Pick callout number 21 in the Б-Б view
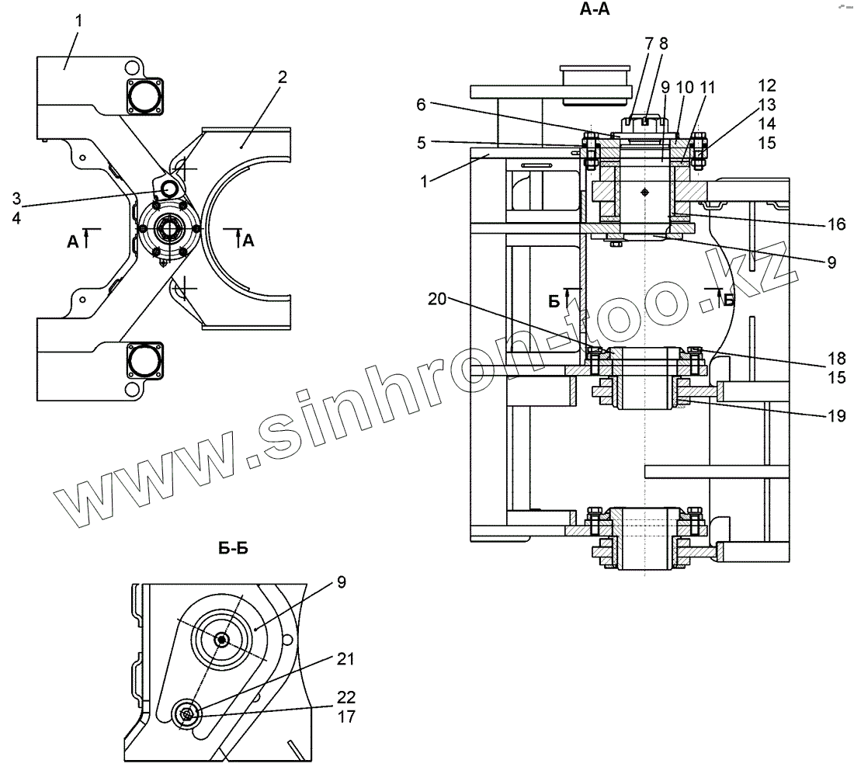pyautogui.click(x=345, y=659)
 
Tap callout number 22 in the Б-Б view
pyautogui.click(x=345, y=696)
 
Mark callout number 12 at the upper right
pyautogui.click(x=766, y=85)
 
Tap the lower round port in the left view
pyautogui.click(x=144, y=362)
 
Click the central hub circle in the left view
pyautogui.click(x=168, y=230)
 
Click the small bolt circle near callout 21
pyautogui.click(x=186, y=712)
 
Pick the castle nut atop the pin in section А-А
pyautogui.click(x=645, y=124)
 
